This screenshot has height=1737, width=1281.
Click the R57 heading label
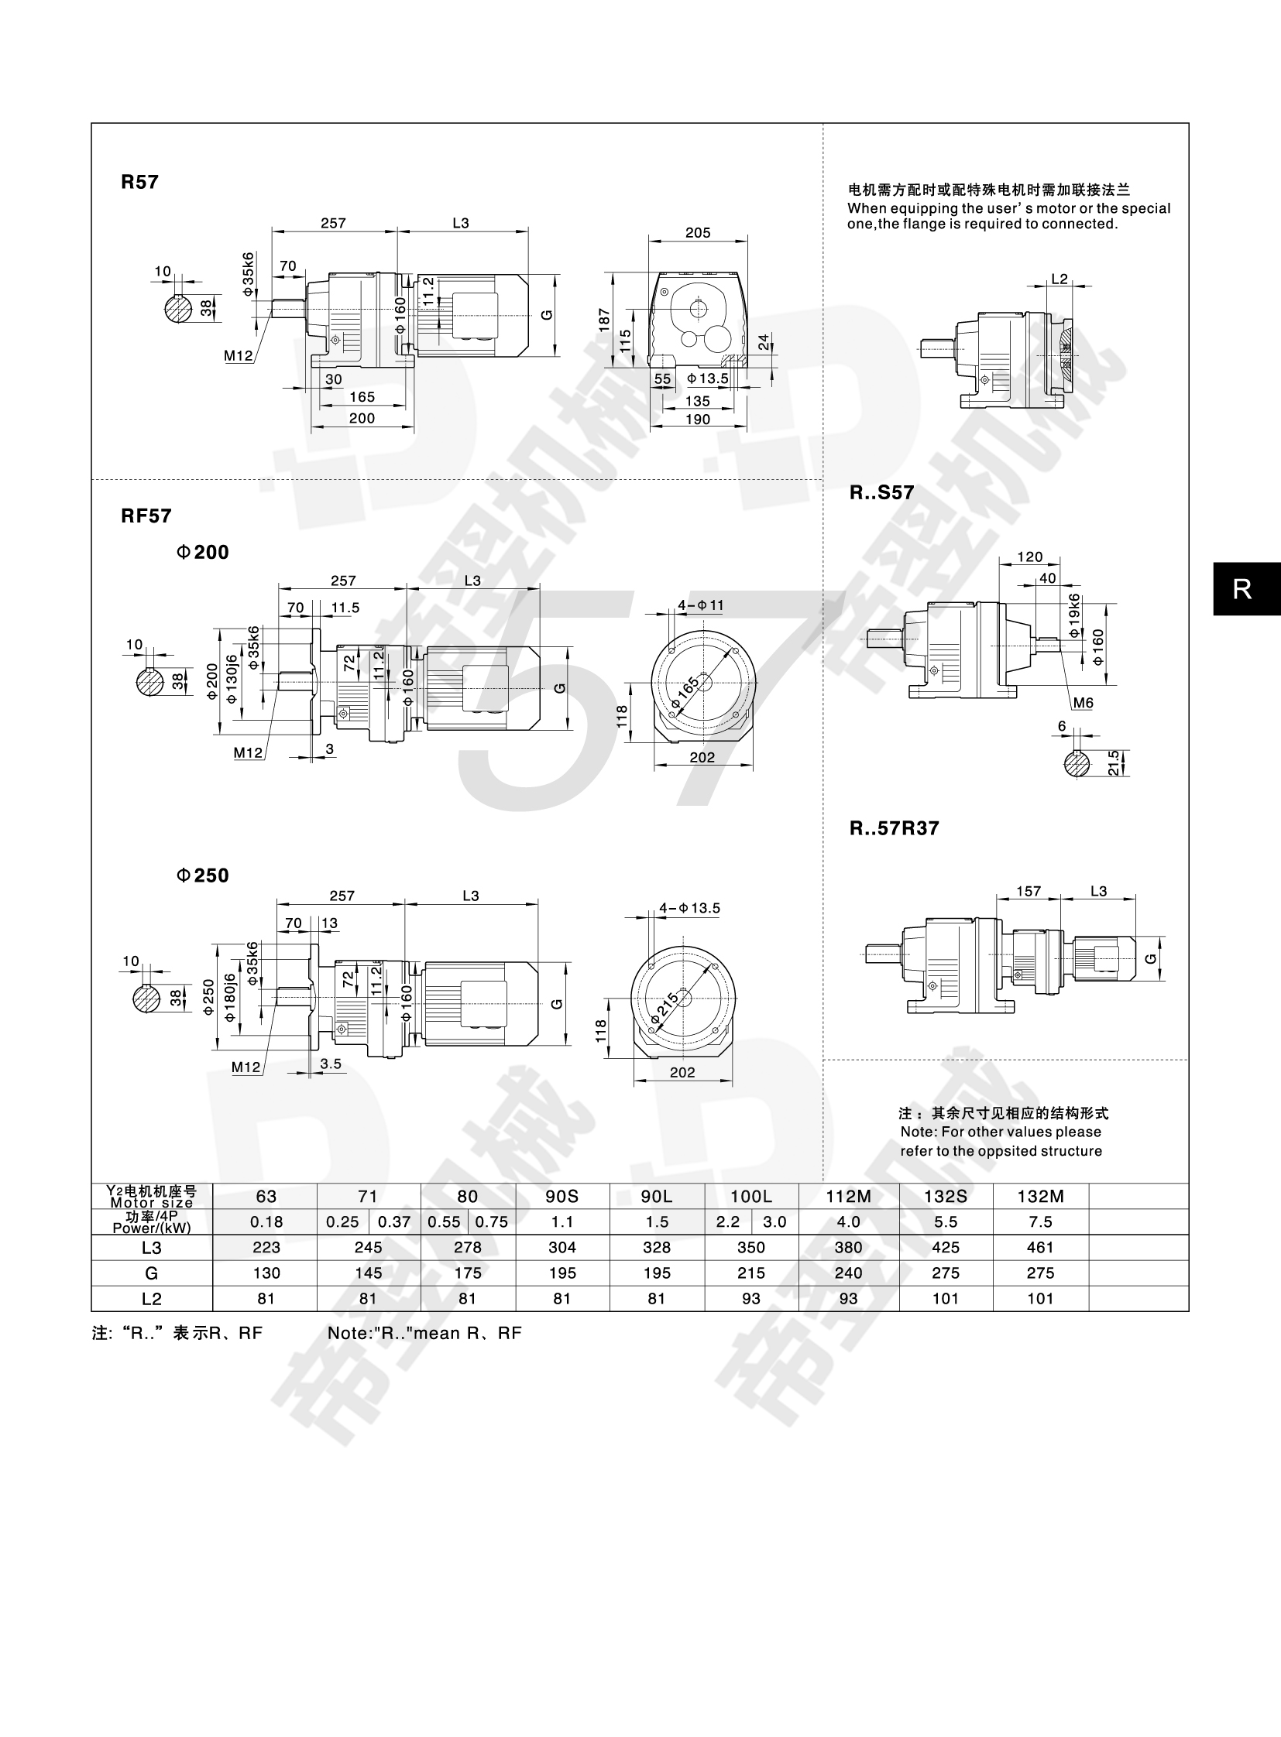[139, 182]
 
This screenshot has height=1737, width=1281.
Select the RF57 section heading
[146, 516]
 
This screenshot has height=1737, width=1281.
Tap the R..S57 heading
[881, 493]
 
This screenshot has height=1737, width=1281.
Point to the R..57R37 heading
[894, 828]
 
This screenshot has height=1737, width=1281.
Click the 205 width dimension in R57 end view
[698, 232]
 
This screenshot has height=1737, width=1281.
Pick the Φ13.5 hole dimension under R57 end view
[708, 379]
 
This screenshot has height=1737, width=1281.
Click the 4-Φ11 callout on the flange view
[701, 605]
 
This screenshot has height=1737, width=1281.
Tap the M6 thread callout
[1084, 703]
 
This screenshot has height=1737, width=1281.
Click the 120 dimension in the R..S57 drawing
[1030, 557]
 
